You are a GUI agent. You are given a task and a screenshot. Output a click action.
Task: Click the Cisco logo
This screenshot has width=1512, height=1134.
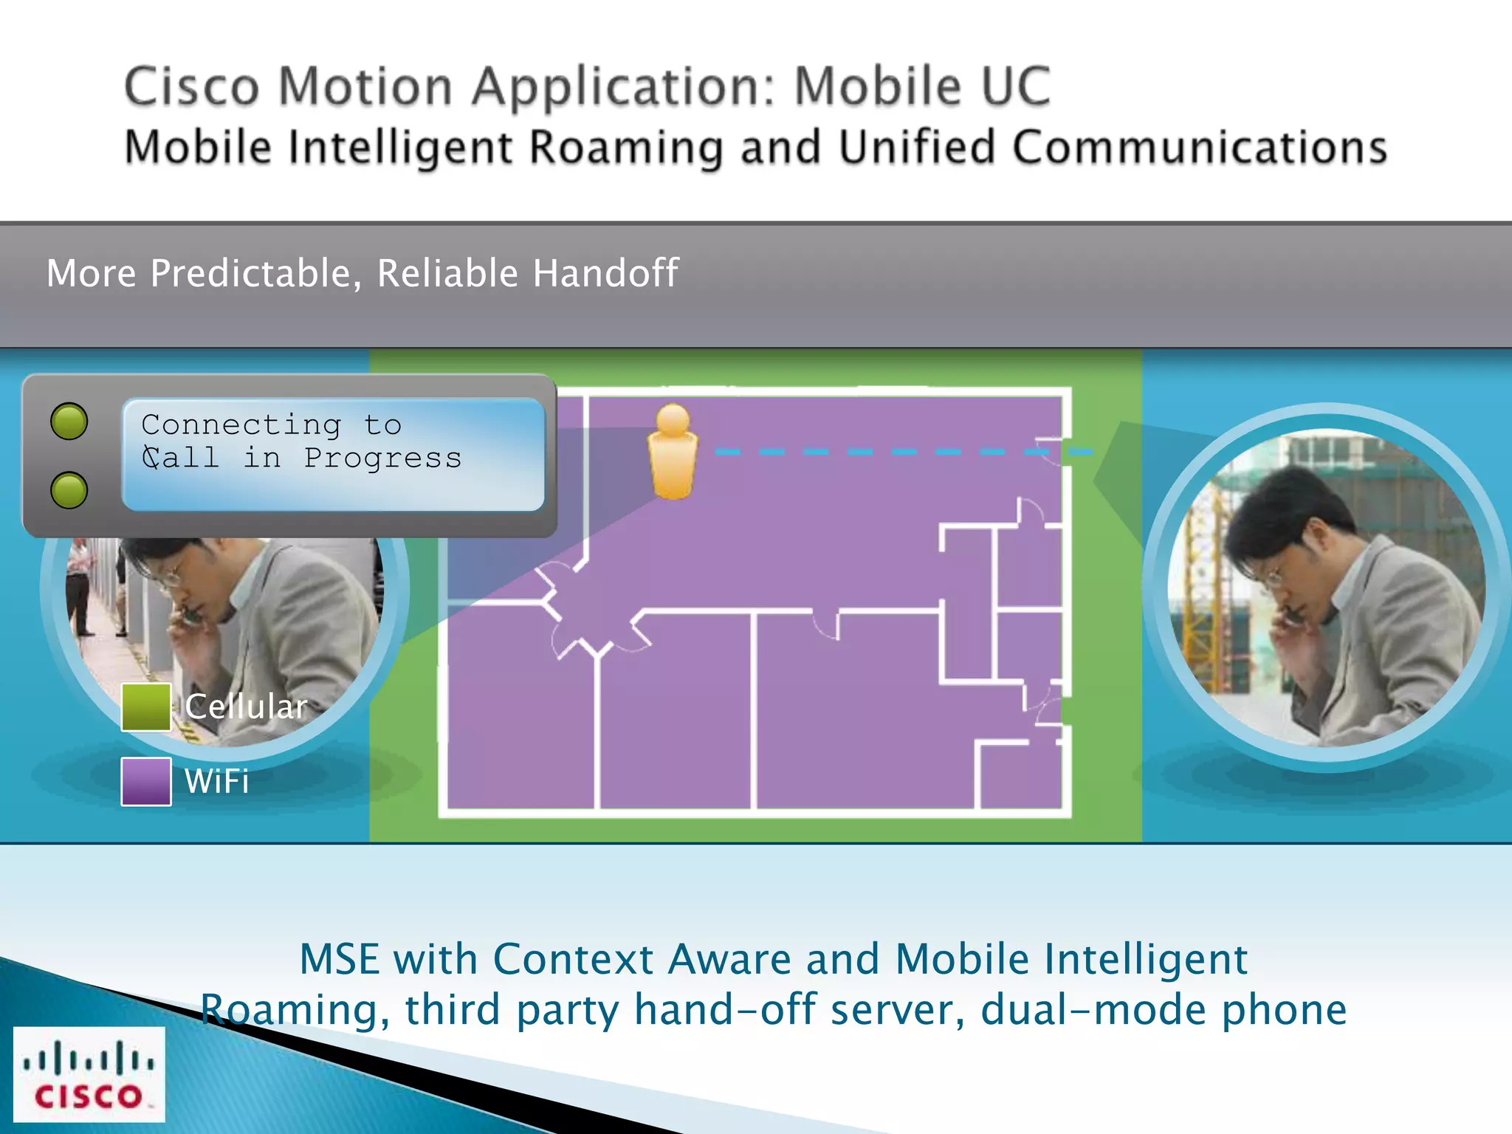[89, 1073]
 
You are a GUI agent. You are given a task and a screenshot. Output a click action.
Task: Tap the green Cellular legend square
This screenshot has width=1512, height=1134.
[145, 707]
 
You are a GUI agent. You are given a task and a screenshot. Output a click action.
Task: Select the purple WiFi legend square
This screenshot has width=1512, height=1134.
[145, 781]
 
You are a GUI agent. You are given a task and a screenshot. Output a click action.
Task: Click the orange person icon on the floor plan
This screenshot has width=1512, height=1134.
[673, 452]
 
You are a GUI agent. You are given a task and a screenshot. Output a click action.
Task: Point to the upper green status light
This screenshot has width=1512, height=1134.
[69, 422]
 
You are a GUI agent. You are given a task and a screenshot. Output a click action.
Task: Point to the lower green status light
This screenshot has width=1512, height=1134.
[69, 490]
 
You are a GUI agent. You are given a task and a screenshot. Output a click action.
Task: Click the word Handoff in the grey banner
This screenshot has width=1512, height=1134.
[605, 273]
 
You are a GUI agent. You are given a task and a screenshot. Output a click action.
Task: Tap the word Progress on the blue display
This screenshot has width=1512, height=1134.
[382, 458]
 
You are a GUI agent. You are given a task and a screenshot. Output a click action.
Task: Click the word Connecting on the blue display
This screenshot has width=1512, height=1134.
[241, 425]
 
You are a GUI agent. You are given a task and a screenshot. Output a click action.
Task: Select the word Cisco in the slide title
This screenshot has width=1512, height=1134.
[192, 87]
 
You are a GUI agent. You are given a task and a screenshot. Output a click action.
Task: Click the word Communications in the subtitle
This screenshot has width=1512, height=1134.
[1200, 147]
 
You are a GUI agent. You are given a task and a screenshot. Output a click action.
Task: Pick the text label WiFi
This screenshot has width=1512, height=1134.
[217, 781]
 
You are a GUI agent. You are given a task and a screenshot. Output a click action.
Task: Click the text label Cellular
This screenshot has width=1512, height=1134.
[246, 707]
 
